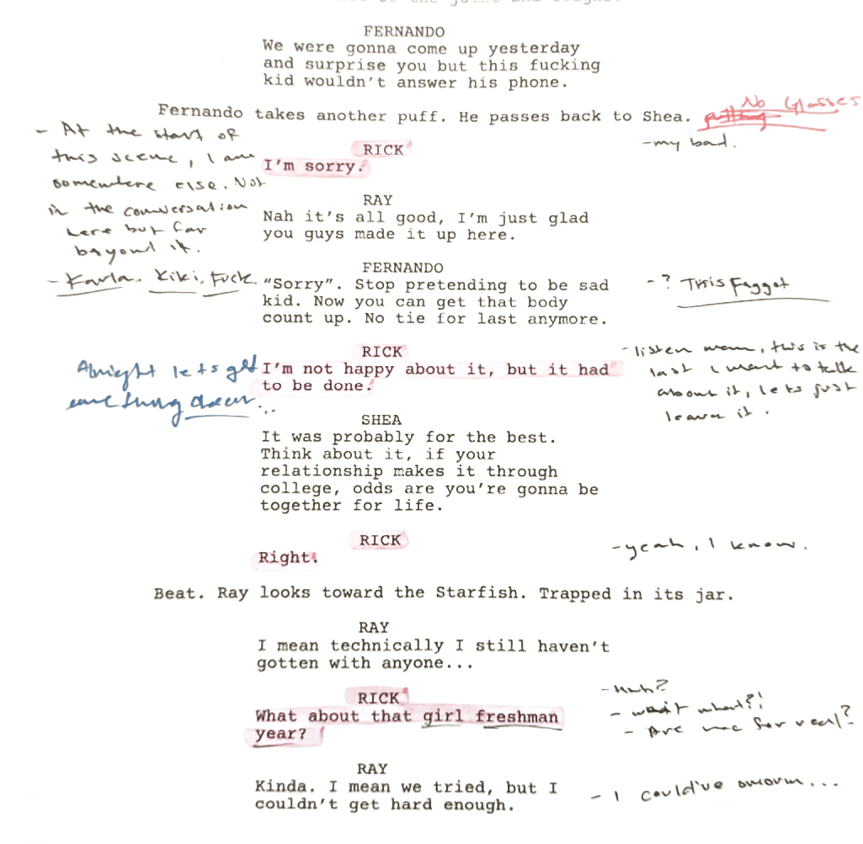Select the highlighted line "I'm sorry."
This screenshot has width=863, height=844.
(313, 167)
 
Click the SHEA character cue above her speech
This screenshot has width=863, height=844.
(381, 419)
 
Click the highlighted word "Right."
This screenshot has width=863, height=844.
(285, 557)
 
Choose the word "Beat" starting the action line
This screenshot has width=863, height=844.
(178, 593)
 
